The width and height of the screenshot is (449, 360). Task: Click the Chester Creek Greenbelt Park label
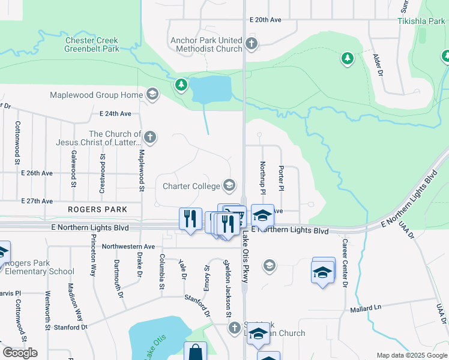point(92,45)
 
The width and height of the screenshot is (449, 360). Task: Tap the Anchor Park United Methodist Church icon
point(252,44)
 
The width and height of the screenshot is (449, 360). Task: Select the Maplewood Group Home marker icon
point(152,94)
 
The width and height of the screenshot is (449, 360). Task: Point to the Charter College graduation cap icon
point(229,185)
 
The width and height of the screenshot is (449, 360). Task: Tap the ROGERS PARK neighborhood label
point(97,209)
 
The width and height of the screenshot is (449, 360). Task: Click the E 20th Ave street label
point(266,20)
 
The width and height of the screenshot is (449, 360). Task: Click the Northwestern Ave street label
point(128,247)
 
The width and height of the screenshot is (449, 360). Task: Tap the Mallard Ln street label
point(366,309)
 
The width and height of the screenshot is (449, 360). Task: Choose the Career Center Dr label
point(345,263)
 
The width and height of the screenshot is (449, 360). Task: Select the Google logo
point(20,353)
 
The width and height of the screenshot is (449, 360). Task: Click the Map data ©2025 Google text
point(411,355)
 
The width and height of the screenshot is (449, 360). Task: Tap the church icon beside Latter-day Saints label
point(150,137)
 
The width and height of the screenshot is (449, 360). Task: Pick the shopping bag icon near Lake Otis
point(195,352)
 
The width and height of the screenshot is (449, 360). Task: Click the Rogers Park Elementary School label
point(40,267)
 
